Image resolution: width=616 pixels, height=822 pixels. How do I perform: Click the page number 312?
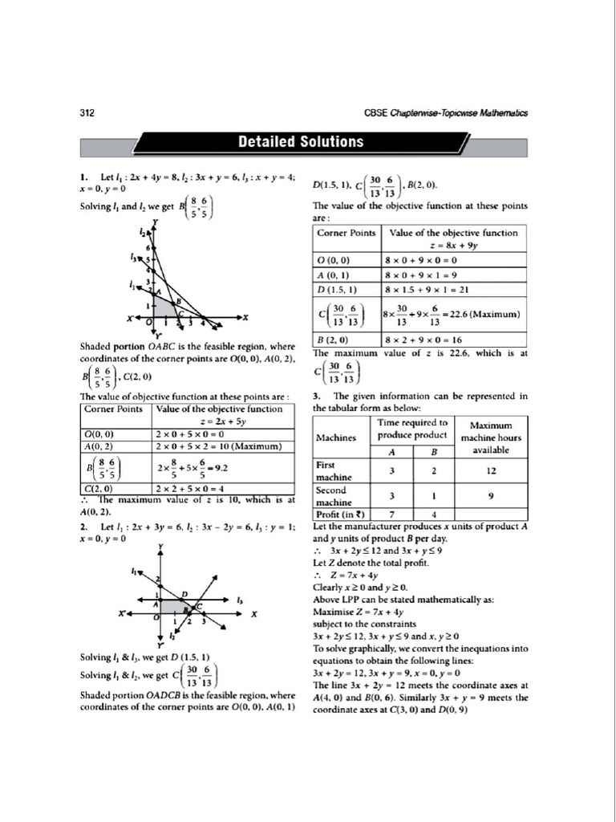point(87,114)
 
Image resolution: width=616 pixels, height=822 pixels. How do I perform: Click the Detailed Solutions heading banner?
point(300,142)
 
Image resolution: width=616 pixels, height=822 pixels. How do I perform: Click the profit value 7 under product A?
point(391,514)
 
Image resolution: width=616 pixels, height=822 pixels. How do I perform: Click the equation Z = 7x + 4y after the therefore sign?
point(344,574)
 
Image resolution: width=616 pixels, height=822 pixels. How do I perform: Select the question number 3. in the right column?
point(317,396)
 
